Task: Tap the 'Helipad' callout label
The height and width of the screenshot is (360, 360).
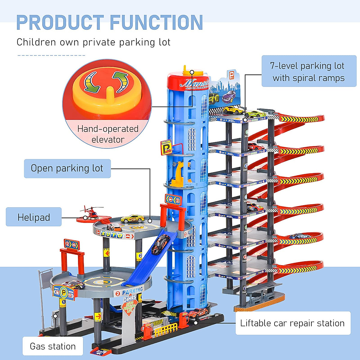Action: pyautogui.click(x=34, y=217)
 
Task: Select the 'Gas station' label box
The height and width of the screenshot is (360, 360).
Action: pyautogui.click(x=53, y=346)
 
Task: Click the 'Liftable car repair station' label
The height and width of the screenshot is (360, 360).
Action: pyautogui.click(x=292, y=323)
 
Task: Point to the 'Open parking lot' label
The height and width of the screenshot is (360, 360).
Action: pyautogui.click(x=67, y=168)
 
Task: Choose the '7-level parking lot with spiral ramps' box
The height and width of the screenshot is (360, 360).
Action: pyautogui.click(x=309, y=71)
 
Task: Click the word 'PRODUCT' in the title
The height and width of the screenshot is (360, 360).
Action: pyautogui.click(x=60, y=22)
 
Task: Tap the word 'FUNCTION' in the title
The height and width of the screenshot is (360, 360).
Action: pyautogui.click(x=156, y=22)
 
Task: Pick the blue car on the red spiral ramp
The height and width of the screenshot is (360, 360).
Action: pyautogui.click(x=300, y=236)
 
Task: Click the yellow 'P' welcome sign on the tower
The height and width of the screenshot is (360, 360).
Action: pyautogui.click(x=166, y=147)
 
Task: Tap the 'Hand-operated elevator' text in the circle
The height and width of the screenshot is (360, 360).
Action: pyautogui.click(x=107, y=134)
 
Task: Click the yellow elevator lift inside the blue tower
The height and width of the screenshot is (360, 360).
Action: pyautogui.click(x=178, y=174)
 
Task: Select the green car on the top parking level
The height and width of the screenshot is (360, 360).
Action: pyautogui.click(x=255, y=114)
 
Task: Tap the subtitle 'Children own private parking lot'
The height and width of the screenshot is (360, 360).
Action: pyautogui.click(x=93, y=42)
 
